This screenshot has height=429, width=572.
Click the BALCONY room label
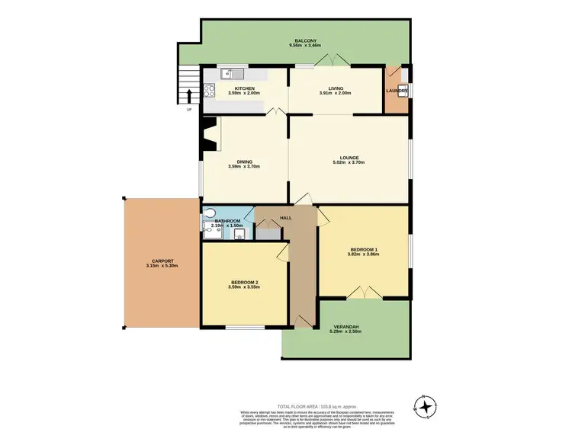303,40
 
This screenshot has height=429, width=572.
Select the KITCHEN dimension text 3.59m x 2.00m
244,94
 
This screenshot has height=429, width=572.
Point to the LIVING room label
336,88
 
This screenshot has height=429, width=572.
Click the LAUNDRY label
397,91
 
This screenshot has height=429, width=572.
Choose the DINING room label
244,162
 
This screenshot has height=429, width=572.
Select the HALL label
286,218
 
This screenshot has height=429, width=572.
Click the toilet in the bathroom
209,214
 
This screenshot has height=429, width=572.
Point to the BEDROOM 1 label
364,250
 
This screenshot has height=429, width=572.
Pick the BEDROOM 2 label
244,283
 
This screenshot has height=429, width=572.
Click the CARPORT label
161,261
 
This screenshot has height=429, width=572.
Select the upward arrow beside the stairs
189,96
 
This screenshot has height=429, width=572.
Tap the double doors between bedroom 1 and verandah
365,292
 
